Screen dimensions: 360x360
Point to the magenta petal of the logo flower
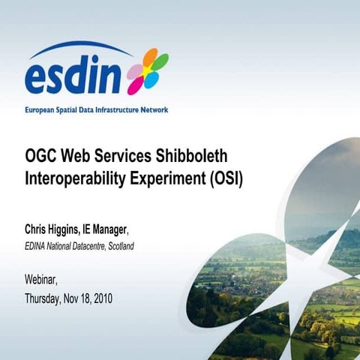click(x=138, y=83)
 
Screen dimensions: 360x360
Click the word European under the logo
click(x=41, y=109)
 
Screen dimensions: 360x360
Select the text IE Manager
click(x=115, y=229)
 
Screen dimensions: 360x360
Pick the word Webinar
click(x=40, y=280)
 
